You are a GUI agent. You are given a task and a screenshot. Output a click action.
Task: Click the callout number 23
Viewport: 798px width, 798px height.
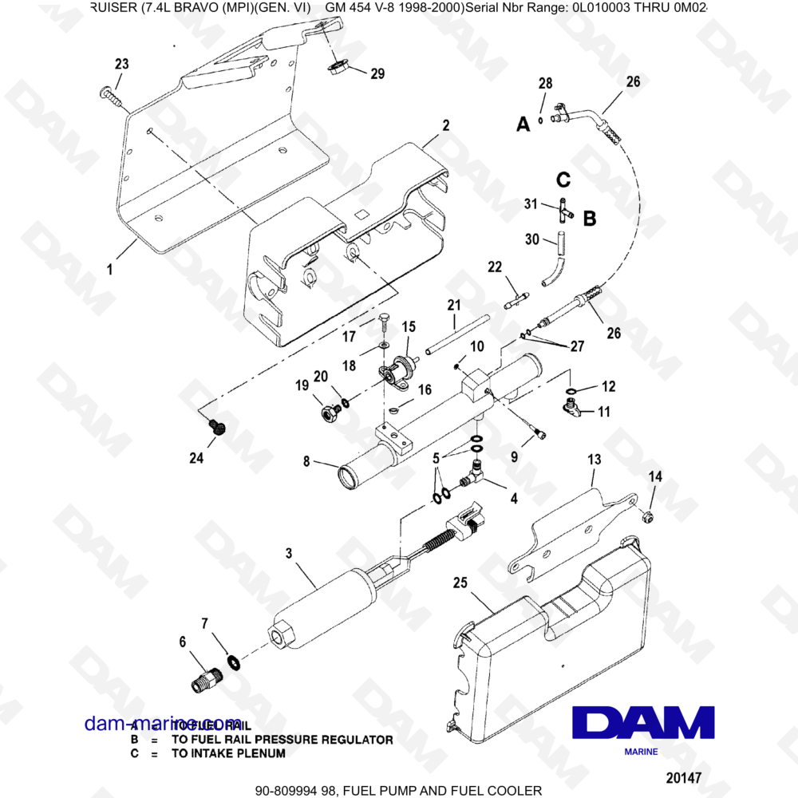pyautogui.click(x=121, y=65)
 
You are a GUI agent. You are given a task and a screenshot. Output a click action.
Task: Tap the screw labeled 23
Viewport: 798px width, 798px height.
pyautogui.click(x=109, y=97)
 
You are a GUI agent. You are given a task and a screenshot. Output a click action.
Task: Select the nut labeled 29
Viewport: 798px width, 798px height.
pyautogui.click(x=337, y=66)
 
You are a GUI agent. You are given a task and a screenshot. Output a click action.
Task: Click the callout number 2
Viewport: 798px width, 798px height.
pyautogui.click(x=445, y=125)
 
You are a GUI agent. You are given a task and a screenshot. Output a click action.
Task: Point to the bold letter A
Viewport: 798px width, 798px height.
pyautogui.click(x=523, y=124)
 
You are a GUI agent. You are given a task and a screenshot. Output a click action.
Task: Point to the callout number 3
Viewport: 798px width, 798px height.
pyautogui.click(x=289, y=552)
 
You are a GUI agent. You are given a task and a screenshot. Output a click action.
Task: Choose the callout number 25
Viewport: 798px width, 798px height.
pyautogui.click(x=460, y=583)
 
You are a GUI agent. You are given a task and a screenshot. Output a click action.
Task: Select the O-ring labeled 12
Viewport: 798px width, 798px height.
pyautogui.click(x=572, y=390)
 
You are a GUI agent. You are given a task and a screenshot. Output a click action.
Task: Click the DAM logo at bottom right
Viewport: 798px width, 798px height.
pyautogui.click(x=644, y=723)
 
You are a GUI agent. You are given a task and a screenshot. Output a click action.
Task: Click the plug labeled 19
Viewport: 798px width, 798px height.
pyautogui.click(x=328, y=412)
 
